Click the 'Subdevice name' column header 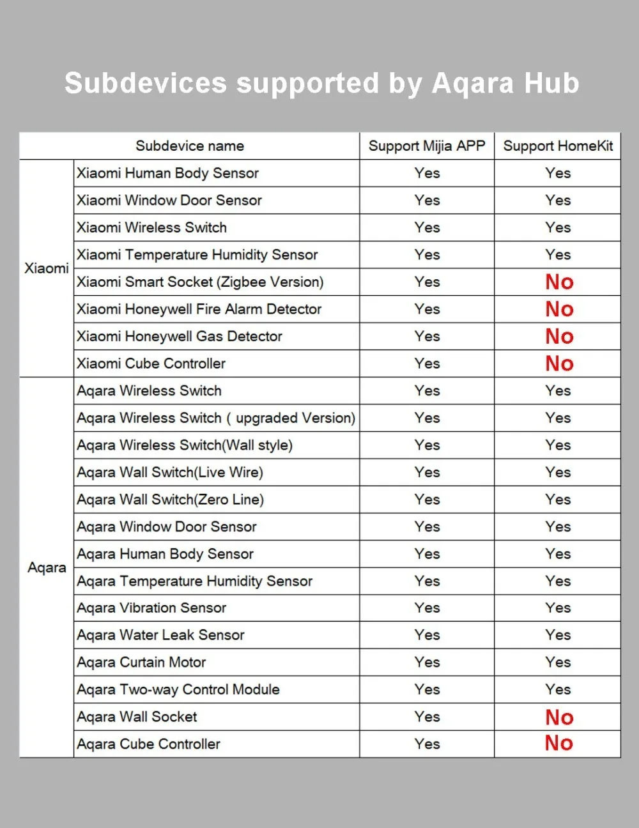[190, 146]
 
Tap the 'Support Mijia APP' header [427, 146]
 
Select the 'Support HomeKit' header [558, 146]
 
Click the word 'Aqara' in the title [473, 83]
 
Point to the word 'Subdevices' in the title [146, 83]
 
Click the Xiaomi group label [47, 268]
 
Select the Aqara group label [47, 567]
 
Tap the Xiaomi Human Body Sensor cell [167, 173]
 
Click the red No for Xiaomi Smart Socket [559, 282]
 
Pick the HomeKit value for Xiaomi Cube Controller [559, 364]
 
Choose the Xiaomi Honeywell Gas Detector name [180, 336]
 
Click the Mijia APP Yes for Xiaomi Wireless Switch [427, 227]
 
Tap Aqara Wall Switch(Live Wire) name [170, 472]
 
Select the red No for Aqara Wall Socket [559, 717]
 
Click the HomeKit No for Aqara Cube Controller [559, 743]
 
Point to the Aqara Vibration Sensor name [151, 608]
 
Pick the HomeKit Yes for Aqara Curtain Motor [558, 662]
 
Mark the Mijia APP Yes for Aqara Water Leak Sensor [427, 635]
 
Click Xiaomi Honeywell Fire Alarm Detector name [199, 309]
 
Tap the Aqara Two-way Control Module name [178, 689]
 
